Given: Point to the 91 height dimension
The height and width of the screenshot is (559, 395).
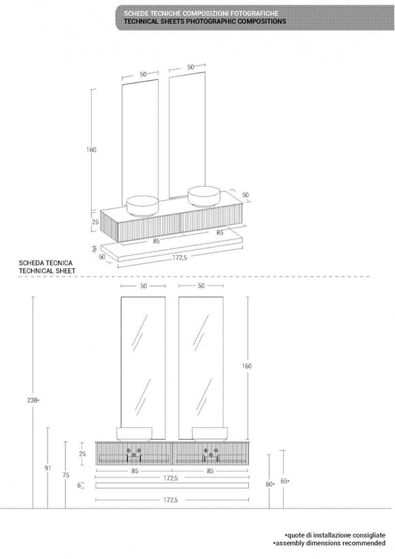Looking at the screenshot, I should pyautogui.click(x=47, y=468).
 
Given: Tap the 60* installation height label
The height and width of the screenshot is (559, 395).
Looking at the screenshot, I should pyautogui.click(x=270, y=483).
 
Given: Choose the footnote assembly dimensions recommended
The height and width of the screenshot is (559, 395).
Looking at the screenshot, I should pyautogui.click(x=330, y=543).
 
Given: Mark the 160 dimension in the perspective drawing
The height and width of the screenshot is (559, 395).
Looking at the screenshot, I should pyautogui.click(x=91, y=150).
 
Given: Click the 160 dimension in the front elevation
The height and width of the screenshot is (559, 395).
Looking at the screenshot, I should pyautogui.click(x=246, y=365).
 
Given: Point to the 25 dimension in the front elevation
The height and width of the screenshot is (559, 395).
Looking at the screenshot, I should pyautogui.click(x=82, y=454).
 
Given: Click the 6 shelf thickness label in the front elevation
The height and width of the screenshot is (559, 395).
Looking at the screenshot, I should pyautogui.click(x=80, y=485).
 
